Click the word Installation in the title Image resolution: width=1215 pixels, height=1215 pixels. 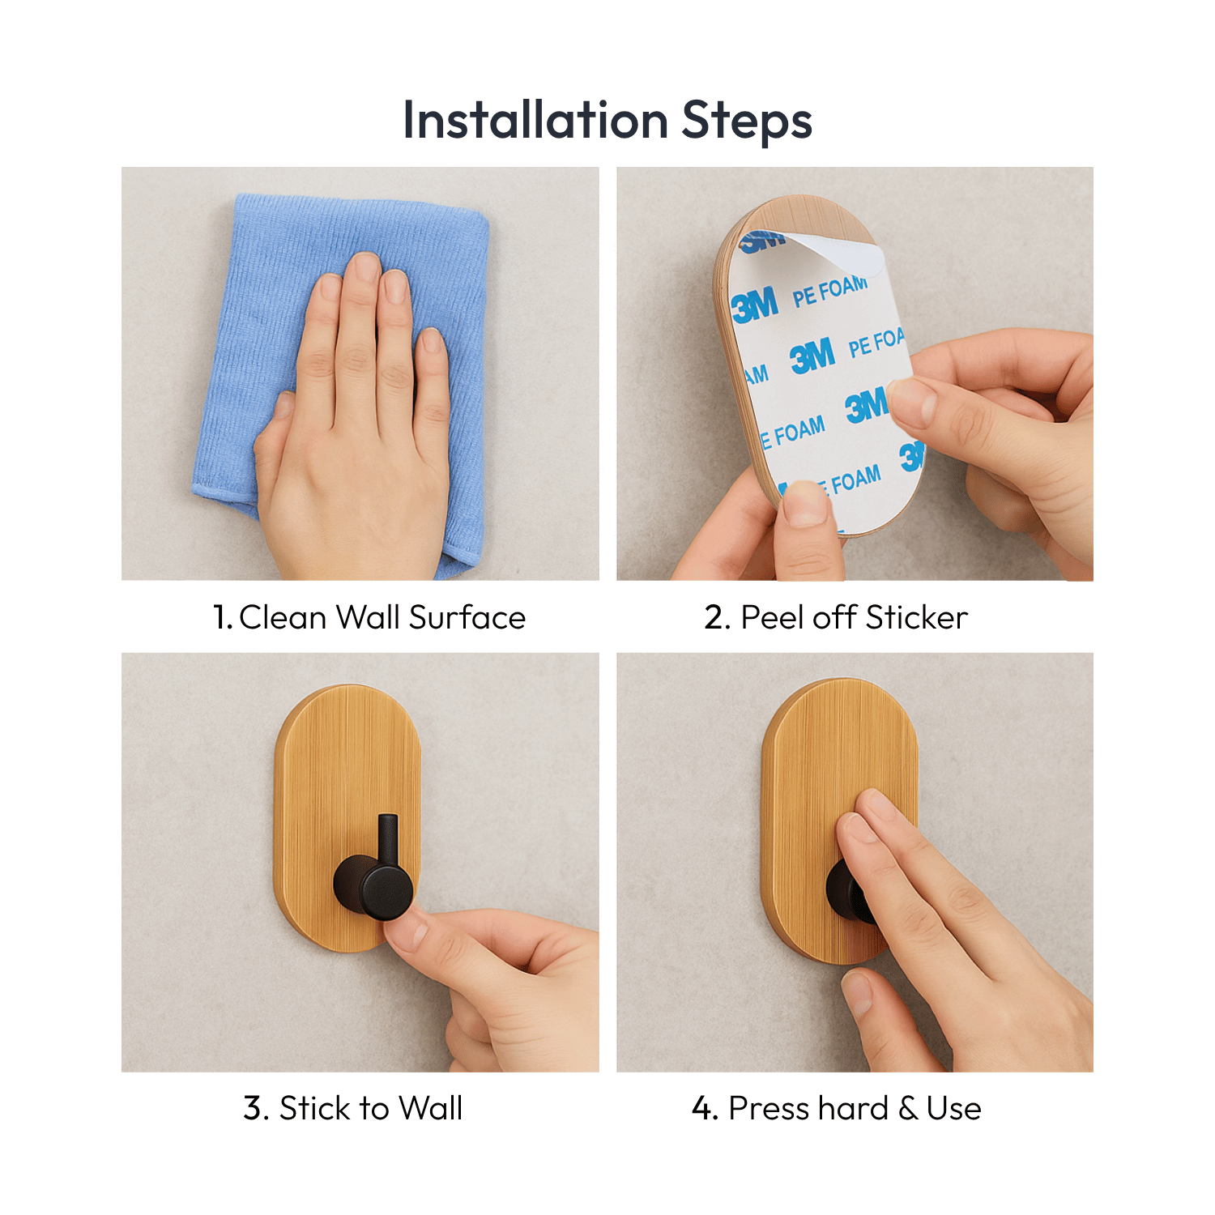(535, 120)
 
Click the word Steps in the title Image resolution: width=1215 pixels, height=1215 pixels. (746, 122)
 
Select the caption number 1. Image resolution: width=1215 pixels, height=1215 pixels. (221, 617)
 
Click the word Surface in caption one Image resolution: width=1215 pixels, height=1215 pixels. (467, 617)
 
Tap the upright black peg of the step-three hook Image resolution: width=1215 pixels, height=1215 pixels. (388, 838)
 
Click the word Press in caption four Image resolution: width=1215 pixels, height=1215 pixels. (766, 1108)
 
